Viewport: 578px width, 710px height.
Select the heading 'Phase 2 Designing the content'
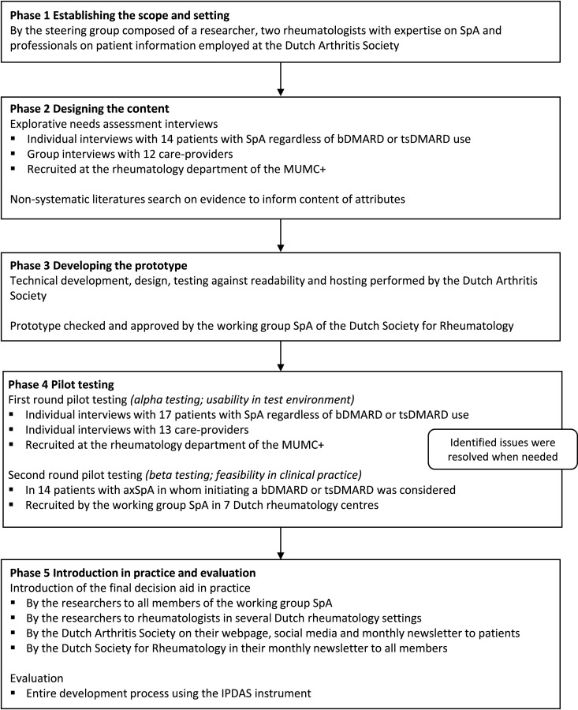(x=91, y=108)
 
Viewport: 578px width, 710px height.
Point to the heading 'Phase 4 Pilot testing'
(x=66, y=384)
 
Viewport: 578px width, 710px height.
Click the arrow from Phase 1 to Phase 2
(x=282, y=78)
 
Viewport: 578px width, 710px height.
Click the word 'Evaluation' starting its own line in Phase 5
(x=35, y=677)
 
